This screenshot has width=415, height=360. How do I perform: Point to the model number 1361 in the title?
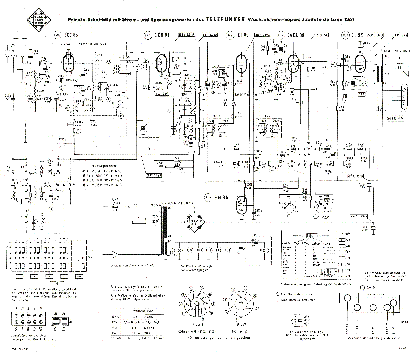[x=347, y=20]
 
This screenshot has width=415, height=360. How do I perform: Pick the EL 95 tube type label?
[x=358, y=35]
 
